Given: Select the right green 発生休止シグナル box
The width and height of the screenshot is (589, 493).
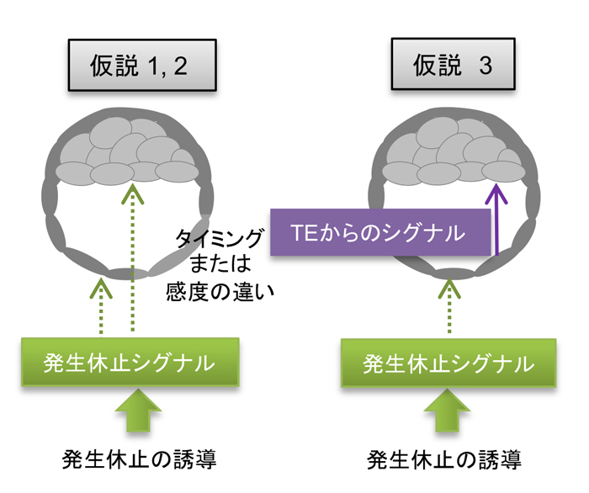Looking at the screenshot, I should click(448, 364).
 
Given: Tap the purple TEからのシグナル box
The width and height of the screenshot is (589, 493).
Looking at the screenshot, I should click(380, 232).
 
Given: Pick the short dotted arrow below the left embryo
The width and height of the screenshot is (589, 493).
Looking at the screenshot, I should click(102, 307).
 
